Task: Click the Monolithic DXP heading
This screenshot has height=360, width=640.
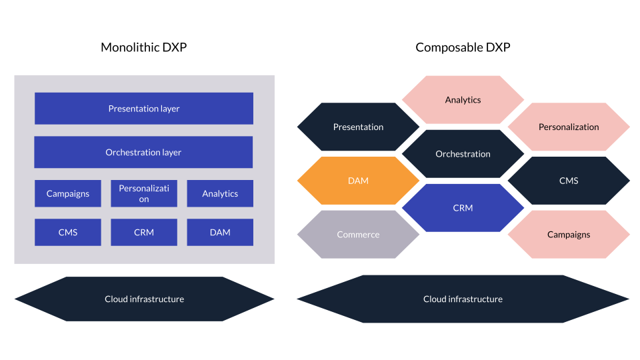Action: click(143, 47)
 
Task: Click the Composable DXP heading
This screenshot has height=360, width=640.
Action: click(463, 47)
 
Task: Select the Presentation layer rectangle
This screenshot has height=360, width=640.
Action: click(144, 109)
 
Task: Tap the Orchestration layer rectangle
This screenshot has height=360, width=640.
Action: click(143, 152)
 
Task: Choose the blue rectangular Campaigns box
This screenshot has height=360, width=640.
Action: click(68, 193)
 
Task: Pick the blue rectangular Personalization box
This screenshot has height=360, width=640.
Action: click(144, 193)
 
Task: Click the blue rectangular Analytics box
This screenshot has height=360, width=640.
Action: click(220, 193)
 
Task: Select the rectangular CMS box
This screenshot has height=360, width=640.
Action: click(68, 232)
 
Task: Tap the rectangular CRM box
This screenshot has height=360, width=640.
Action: click(144, 232)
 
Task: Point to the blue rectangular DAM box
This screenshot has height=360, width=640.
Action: click(220, 232)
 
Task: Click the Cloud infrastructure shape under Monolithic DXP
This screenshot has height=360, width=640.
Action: click(144, 299)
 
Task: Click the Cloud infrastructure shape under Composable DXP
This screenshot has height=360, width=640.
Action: click(463, 299)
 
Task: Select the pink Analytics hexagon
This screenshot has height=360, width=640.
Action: click(463, 100)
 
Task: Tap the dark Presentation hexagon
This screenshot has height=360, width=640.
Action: click(358, 127)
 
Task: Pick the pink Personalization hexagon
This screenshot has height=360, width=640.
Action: click(569, 127)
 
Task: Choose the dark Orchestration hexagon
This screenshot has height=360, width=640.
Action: click(463, 154)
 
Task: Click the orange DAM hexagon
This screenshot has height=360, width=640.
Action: click(358, 181)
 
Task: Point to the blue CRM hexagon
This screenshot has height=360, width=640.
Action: click(463, 208)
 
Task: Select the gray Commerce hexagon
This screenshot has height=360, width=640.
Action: click(358, 235)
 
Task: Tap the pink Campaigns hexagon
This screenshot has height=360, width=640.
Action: click(569, 235)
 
